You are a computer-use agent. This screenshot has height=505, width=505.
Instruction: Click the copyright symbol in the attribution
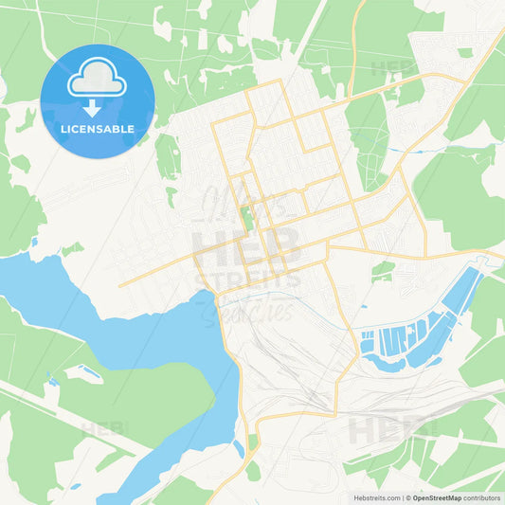click(406, 496)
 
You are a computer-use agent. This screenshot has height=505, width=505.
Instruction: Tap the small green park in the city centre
click(248, 217)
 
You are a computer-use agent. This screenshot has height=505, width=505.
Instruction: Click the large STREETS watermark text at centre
click(248, 280)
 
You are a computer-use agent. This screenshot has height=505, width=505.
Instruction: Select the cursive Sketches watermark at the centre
click(257, 308)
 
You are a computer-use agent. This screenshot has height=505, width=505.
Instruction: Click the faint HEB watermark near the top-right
click(392, 68)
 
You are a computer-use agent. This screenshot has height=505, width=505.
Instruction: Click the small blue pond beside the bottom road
click(239, 445)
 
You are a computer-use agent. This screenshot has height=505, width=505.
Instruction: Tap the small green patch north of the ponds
click(383, 271)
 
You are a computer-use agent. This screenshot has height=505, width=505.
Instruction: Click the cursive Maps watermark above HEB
click(220, 201)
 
